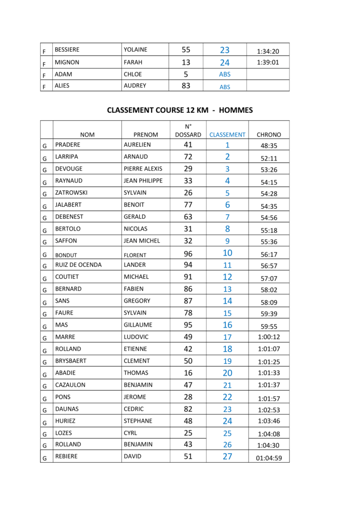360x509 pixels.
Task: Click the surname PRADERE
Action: click(68, 145)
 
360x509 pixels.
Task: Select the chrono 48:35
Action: click(269, 146)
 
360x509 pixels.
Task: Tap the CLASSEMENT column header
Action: click(227, 134)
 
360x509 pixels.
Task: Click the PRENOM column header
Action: click(146, 134)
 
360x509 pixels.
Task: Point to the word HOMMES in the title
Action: click(236, 110)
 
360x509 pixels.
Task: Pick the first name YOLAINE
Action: click(135, 50)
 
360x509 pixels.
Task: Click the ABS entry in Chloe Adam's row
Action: click(225, 75)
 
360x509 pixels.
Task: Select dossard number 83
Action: click(186, 85)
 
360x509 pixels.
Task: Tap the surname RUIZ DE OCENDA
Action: click(78, 265)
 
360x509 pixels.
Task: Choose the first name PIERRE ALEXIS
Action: click(143, 169)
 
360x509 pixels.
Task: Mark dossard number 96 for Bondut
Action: click(188, 254)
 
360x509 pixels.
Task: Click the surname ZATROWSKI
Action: click(72, 193)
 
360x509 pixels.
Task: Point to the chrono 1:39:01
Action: click(268, 63)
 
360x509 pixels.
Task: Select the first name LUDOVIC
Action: click(137, 337)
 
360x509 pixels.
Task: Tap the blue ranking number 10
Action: click(227, 253)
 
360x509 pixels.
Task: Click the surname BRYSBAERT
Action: click(71, 361)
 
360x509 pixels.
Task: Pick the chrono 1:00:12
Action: click(269, 338)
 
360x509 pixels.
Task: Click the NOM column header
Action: click(87, 134)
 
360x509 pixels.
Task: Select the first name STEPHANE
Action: click(138, 421)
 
